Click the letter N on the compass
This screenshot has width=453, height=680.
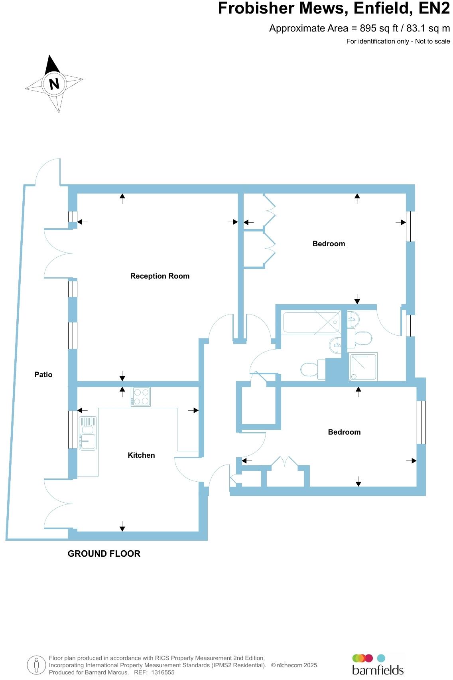[x=54, y=84]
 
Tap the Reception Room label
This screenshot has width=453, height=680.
[x=160, y=276]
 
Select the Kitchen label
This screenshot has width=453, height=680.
[x=141, y=455]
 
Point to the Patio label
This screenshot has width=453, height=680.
[x=43, y=375]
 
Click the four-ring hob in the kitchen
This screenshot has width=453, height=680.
[x=140, y=397]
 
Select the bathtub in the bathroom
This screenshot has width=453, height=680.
[x=311, y=322]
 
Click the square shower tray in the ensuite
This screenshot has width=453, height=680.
[x=363, y=367]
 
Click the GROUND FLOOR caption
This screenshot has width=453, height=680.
[x=104, y=554]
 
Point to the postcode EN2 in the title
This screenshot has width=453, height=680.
[x=434, y=8]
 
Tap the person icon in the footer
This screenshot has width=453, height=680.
[x=36, y=665]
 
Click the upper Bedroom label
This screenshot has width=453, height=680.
[x=329, y=244]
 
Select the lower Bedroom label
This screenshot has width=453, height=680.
[x=344, y=432]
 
